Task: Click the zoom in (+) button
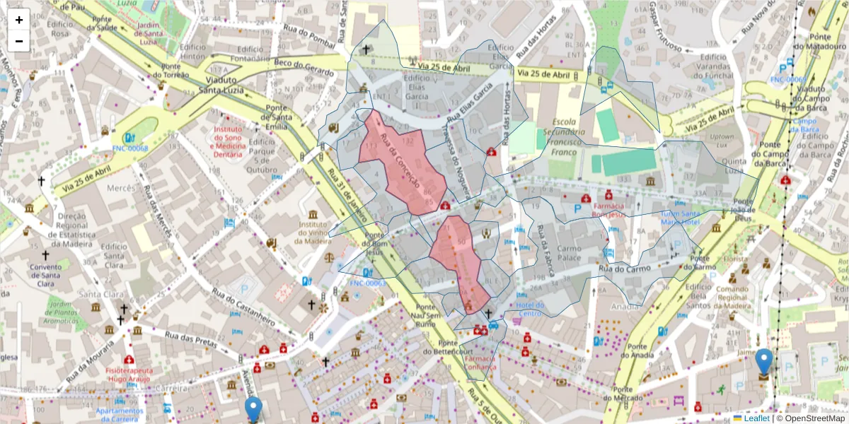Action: pyautogui.click(x=19, y=20)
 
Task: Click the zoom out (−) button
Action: pyautogui.click(x=19, y=41)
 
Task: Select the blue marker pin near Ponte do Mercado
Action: pyautogui.click(x=764, y=362)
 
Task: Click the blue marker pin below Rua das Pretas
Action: pyautogui.click(x=253, y=409)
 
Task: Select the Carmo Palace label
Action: pyautogui.click(x=569, y=253)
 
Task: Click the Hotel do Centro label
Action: pyautogui.click(x=530, y=309)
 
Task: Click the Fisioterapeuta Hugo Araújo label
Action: pyautogui.click(x=129, y=374)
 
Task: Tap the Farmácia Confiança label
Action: pyautogui.click(x=481, y=363)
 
